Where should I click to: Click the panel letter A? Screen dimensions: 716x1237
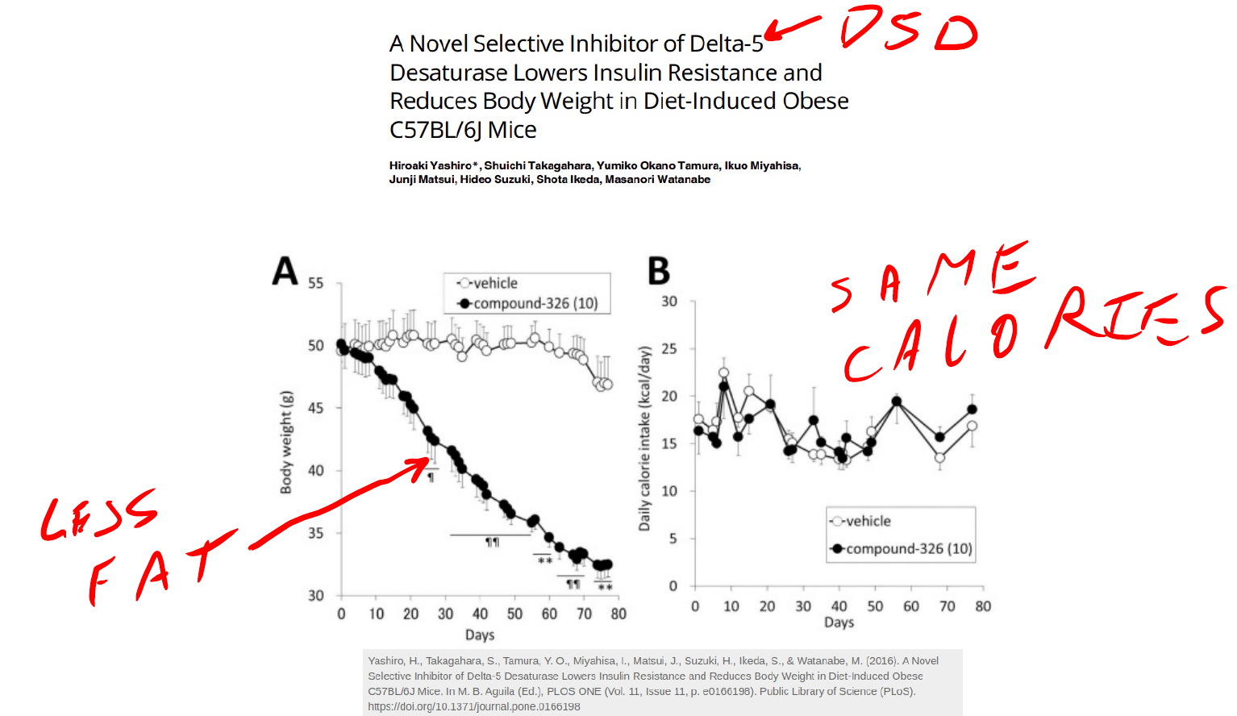point(285,271)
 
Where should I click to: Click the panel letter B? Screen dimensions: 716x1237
point(659,271)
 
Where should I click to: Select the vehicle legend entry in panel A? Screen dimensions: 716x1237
point(489,283)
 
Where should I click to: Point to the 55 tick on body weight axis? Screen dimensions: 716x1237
point(315,283)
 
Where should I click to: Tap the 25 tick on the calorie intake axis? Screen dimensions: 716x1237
point(669,348)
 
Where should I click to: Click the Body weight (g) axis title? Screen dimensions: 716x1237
point(286,443)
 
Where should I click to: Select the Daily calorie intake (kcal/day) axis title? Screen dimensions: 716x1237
point(643,439)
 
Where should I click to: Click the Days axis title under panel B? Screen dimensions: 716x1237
point(839,622)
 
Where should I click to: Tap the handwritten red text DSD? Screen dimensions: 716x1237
point(908,30)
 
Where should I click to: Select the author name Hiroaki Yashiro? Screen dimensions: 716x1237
point(430,165)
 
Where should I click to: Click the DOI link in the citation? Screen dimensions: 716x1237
point(474,706)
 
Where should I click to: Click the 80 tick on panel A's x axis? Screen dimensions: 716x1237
point(618,614)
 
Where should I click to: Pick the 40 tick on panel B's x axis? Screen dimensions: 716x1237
point(839,606)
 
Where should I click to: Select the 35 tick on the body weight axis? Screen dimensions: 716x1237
point(315,533)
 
